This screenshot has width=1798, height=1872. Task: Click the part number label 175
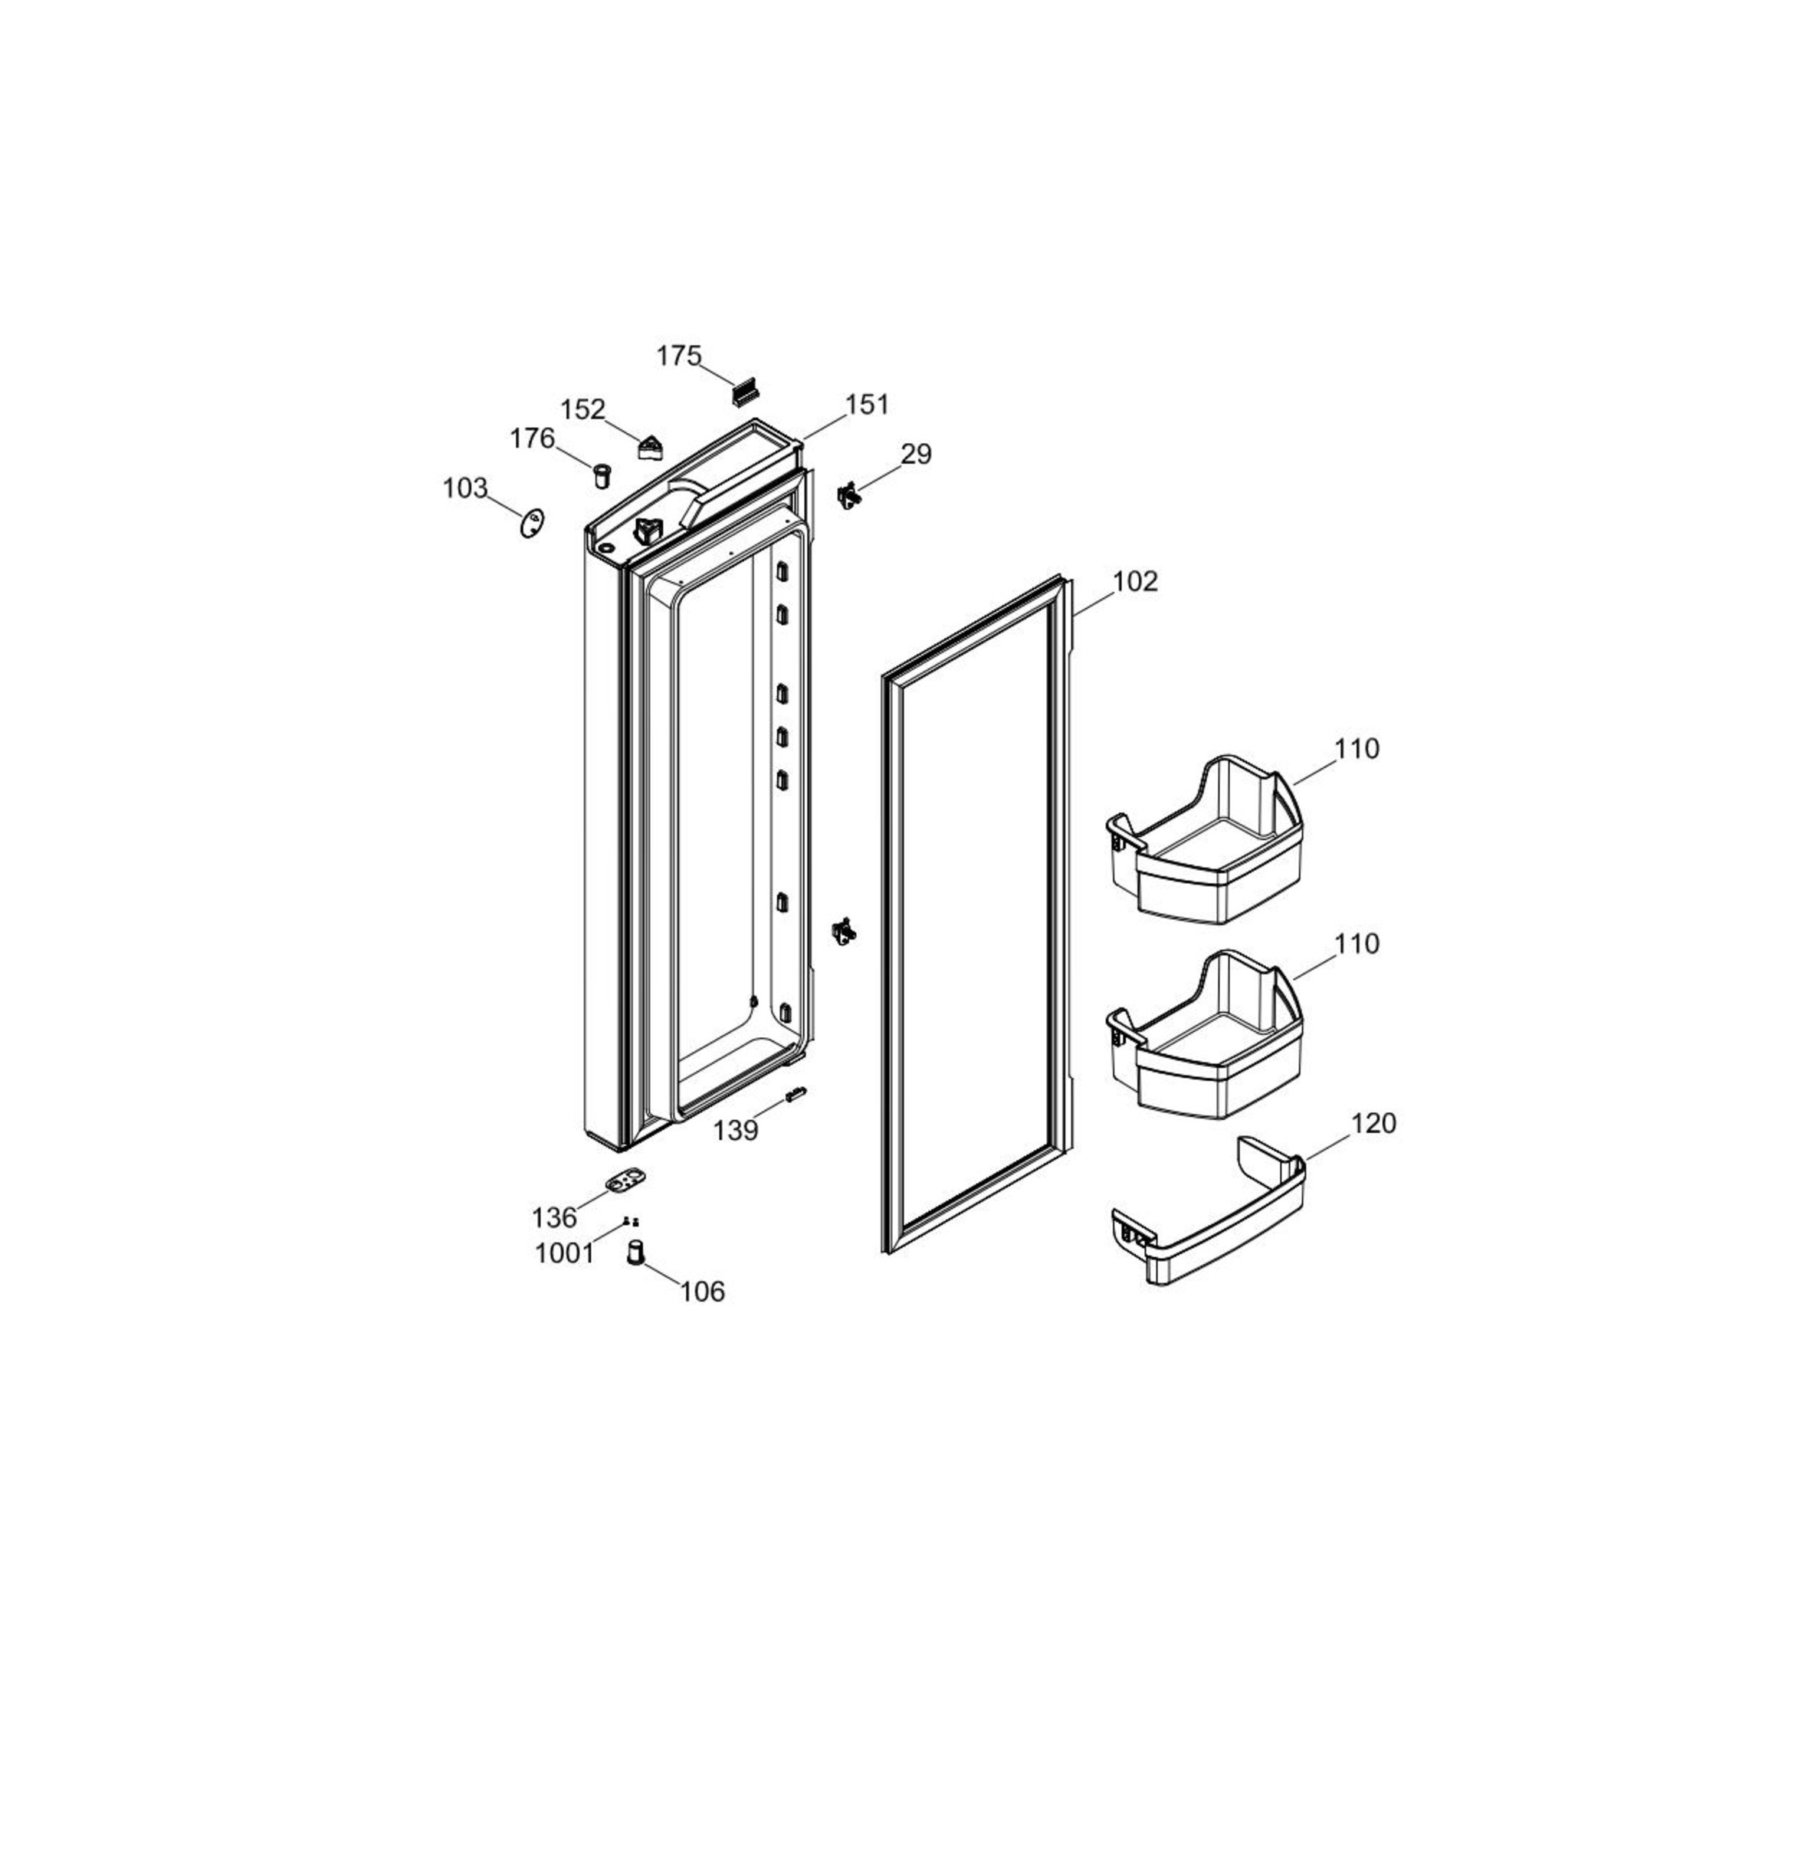(678, 356)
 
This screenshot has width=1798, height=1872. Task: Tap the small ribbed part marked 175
(746, 389)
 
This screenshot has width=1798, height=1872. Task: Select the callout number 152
(582, 409)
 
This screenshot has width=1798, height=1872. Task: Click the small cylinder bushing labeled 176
(602, 475)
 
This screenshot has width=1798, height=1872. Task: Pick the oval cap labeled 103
(532, 524)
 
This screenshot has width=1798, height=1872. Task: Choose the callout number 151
(867, 405)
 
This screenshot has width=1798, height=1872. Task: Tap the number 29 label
(916, 455)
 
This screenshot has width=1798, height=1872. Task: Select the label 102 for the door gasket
(1134, 582)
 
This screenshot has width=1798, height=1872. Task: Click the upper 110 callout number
(1356, 749)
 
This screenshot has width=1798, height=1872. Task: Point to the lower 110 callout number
(1356, 944)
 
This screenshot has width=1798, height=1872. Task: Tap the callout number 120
(1373, 1123)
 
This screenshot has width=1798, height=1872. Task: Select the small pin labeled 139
(795, 1092)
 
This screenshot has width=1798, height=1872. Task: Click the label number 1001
(564, 1253)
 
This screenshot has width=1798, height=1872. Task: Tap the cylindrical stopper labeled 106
(635, 1251)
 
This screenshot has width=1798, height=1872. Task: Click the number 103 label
(465, 488)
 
